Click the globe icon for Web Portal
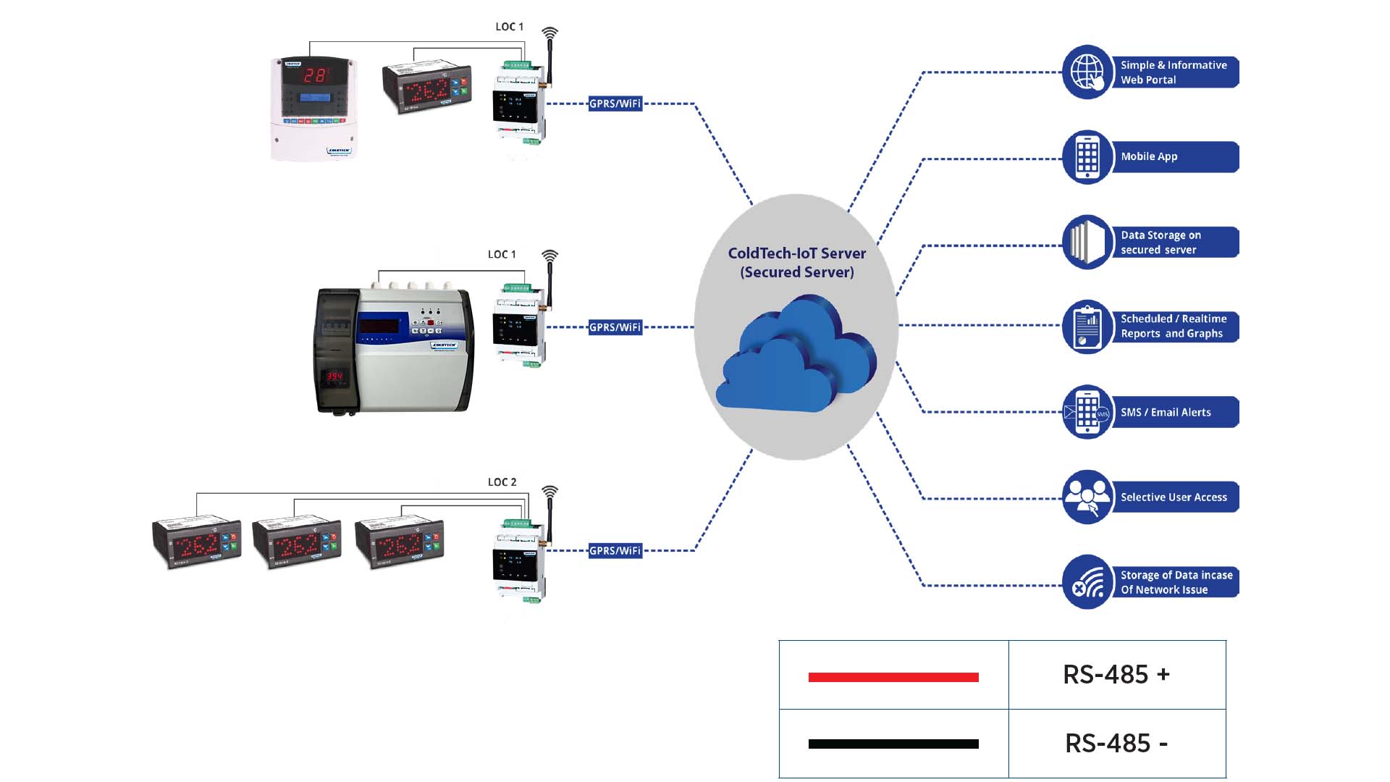pos(1087,72)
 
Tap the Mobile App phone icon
pos(1087,157)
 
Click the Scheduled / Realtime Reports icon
pos(1087,327)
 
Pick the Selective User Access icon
pos(1087,497)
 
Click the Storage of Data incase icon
pos(1087,582)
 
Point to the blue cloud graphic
pos(796,355)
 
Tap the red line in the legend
pos(893,677)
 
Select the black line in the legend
pos(893,744)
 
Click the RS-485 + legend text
pos(1116,675)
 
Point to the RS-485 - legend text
pos(1116,744)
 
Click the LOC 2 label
pos(502,482)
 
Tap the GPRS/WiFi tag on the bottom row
pos(615,551)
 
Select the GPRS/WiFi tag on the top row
pos(615,104)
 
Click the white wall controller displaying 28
pos(314,109)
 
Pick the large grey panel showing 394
pos(395,350)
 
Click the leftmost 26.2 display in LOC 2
pos(196,544)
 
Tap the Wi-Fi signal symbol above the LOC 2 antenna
pos(550,492)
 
